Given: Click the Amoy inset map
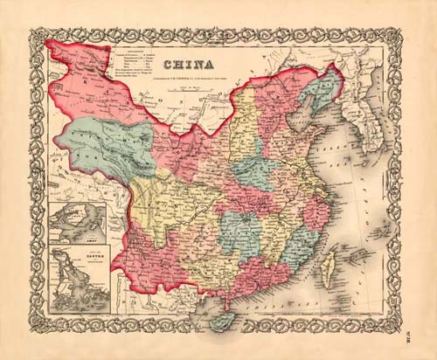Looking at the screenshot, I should pyautogui.click(x=79, y=224).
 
